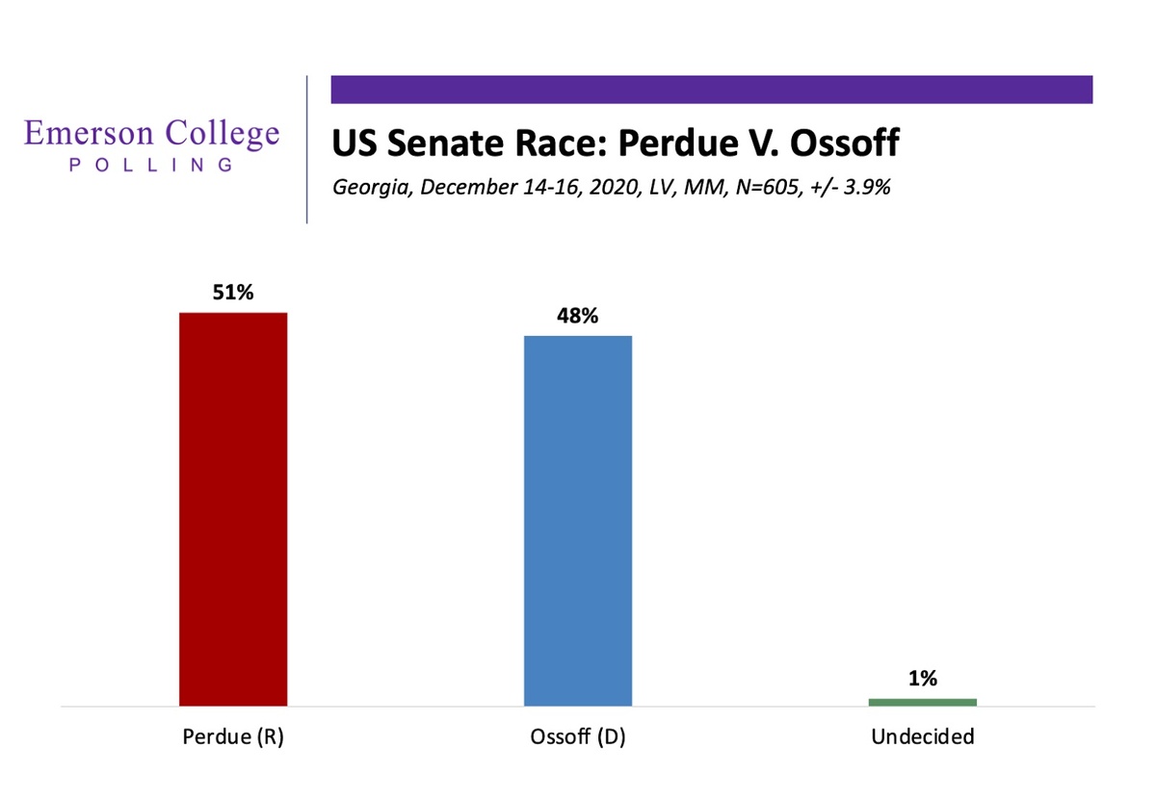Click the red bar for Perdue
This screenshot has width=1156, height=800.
pos(233,509)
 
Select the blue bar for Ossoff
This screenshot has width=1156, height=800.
pos(578,521)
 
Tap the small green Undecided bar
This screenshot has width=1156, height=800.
pos(922,702)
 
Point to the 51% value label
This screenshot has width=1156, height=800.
pos(233,293)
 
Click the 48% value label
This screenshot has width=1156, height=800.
pos(578,316)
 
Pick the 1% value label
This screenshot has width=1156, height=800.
pos(922,679)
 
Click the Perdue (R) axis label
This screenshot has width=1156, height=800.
pos(233,737)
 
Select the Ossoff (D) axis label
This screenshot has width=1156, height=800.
pos(578,737)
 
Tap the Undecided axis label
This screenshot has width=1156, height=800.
pos(922,737)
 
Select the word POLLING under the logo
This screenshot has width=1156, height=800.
pos(151,165)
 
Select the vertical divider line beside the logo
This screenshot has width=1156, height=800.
pos(307,149)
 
